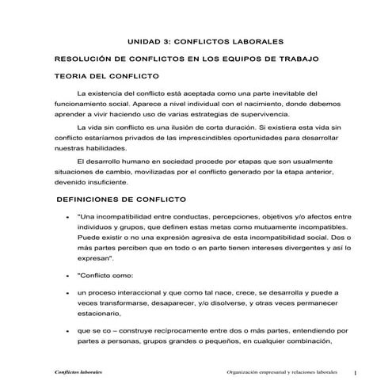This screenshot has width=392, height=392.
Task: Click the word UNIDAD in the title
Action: pos(145,40)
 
